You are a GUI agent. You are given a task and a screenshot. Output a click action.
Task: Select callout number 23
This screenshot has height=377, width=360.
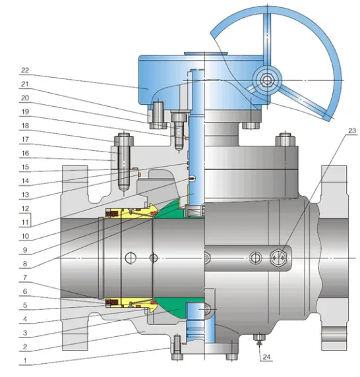353,130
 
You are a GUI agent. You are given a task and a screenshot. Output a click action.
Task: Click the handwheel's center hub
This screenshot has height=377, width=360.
268,80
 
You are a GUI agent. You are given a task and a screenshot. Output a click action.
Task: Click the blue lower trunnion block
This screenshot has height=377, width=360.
196,323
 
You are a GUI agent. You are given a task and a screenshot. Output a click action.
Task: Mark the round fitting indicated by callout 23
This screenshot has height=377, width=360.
280,256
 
